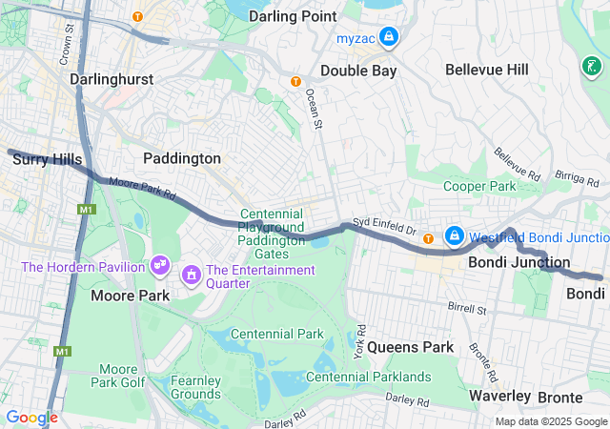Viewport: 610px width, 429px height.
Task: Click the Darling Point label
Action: tap(292, 16)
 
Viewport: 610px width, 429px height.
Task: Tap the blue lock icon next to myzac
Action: tap(388, 38)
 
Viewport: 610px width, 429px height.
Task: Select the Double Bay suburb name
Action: tap(357, 71)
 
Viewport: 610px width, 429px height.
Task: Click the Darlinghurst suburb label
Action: tap(112, 79)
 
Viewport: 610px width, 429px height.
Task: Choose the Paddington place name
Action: tap(182, 158)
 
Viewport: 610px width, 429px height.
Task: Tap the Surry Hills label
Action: tap(47, 160)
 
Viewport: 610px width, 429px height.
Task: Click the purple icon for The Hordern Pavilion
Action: tap(159, 262)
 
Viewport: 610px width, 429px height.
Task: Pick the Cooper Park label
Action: tap(479, 187)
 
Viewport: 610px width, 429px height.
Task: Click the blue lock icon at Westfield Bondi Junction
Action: tap(455, 235)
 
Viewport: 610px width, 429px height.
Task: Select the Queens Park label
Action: tap(410, 347)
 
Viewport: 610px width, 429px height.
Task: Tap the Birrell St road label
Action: tap(467, 308)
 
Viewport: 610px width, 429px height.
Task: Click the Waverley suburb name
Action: tap(500, 396)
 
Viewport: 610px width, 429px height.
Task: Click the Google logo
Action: tap(31, 418)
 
